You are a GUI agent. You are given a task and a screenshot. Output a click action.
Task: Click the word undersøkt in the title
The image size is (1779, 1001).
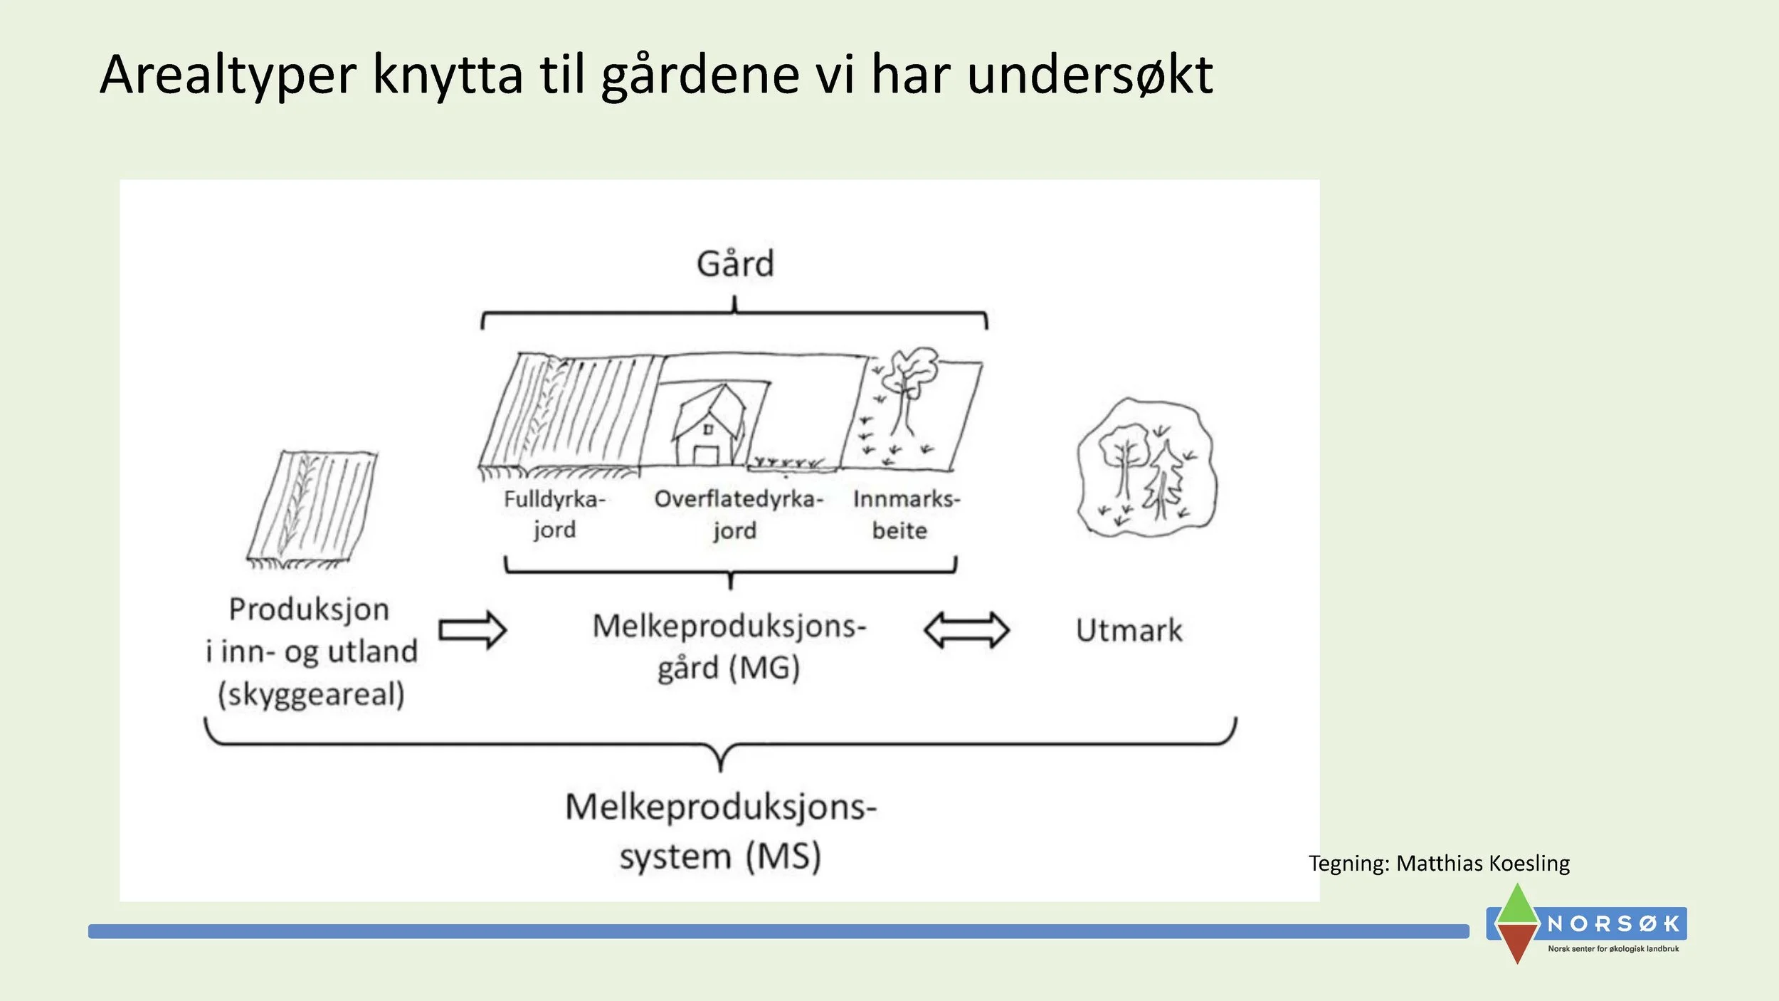tap(1089, 75)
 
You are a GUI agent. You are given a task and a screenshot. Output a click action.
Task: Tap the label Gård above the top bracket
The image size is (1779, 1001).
tap(735, 264)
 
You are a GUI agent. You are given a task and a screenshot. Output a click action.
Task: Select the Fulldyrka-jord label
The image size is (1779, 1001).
tap(554, 514)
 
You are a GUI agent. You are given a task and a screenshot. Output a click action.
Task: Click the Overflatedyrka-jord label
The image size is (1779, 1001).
tap(738, 514)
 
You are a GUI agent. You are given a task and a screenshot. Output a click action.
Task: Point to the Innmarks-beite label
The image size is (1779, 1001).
tap(906, 514)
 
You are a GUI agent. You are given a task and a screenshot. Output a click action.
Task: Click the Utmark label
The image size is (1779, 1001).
tap(1129, 631)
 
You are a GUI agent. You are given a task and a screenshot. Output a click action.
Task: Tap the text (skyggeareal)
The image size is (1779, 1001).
tap(311, 694)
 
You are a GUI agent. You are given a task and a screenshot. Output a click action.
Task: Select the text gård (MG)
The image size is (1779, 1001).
tap(729, 669)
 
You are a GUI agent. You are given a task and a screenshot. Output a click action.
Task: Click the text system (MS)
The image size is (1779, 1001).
tap(720, 856)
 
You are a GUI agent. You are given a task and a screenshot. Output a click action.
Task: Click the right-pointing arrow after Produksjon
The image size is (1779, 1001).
tap(473, 630)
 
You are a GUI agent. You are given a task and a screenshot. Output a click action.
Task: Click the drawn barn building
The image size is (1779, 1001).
tap(710, 427)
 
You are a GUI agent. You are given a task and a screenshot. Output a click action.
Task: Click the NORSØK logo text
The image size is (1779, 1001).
tap(1612, 924)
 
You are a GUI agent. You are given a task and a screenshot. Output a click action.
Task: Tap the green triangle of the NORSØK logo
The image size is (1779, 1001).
tap(1518, 906)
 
